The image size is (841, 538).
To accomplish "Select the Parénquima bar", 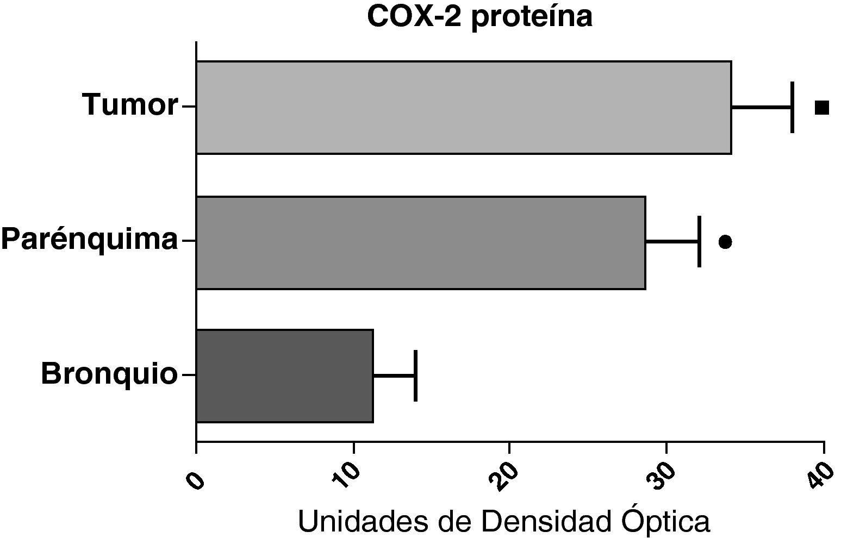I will click(420, 242).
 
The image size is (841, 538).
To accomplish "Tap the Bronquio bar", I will click(284, 376).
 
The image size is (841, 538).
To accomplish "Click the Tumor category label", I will click(130, 104).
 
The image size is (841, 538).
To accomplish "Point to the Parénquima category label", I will click(90, 239).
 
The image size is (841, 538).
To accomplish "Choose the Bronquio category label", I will click(109, 374).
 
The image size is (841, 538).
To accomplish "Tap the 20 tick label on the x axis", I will click(502, 471).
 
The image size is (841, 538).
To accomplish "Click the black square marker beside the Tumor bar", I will click(822, 108).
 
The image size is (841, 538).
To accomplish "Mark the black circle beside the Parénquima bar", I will click(725, 242).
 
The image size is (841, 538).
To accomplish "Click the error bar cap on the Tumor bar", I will click(792, 107).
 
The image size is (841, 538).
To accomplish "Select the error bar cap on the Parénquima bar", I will click(699, 241).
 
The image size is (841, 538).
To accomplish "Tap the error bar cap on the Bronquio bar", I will click(415, 376).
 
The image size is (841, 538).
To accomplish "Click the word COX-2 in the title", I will click(414, 17).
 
